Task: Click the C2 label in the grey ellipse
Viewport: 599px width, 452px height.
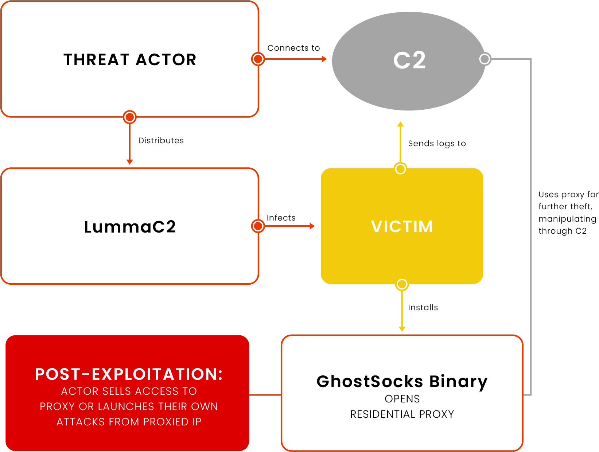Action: click(x=409, y=61)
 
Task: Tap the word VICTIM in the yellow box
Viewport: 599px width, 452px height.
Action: click(x=402, y=227)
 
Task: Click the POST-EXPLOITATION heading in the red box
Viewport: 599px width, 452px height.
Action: click(x=129, y=374)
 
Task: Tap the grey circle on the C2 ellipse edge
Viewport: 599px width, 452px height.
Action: click(x=485, y=59)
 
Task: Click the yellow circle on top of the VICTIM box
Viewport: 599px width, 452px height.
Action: click(x=400, y=169)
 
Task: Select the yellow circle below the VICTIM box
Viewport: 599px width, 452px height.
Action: click(x=402, y=284)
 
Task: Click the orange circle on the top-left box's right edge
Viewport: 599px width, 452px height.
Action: click(x=258, y=59)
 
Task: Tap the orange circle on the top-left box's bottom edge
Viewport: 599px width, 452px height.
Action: click(x=129, y=117)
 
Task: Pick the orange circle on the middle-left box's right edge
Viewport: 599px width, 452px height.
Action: click(x=258, y=226)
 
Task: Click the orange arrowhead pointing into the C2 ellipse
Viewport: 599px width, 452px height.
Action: click(x=324, y=59)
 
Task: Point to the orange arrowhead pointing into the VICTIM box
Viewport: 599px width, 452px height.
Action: click(x=312, y=226)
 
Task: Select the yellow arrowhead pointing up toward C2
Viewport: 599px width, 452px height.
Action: click(x=400, y=124)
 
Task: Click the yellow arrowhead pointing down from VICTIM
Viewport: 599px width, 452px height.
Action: click(x=402, y=329)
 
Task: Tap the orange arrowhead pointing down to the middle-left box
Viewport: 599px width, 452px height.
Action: click(x=129, y=162)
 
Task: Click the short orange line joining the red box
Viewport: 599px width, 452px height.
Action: click(x=265, y=395)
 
